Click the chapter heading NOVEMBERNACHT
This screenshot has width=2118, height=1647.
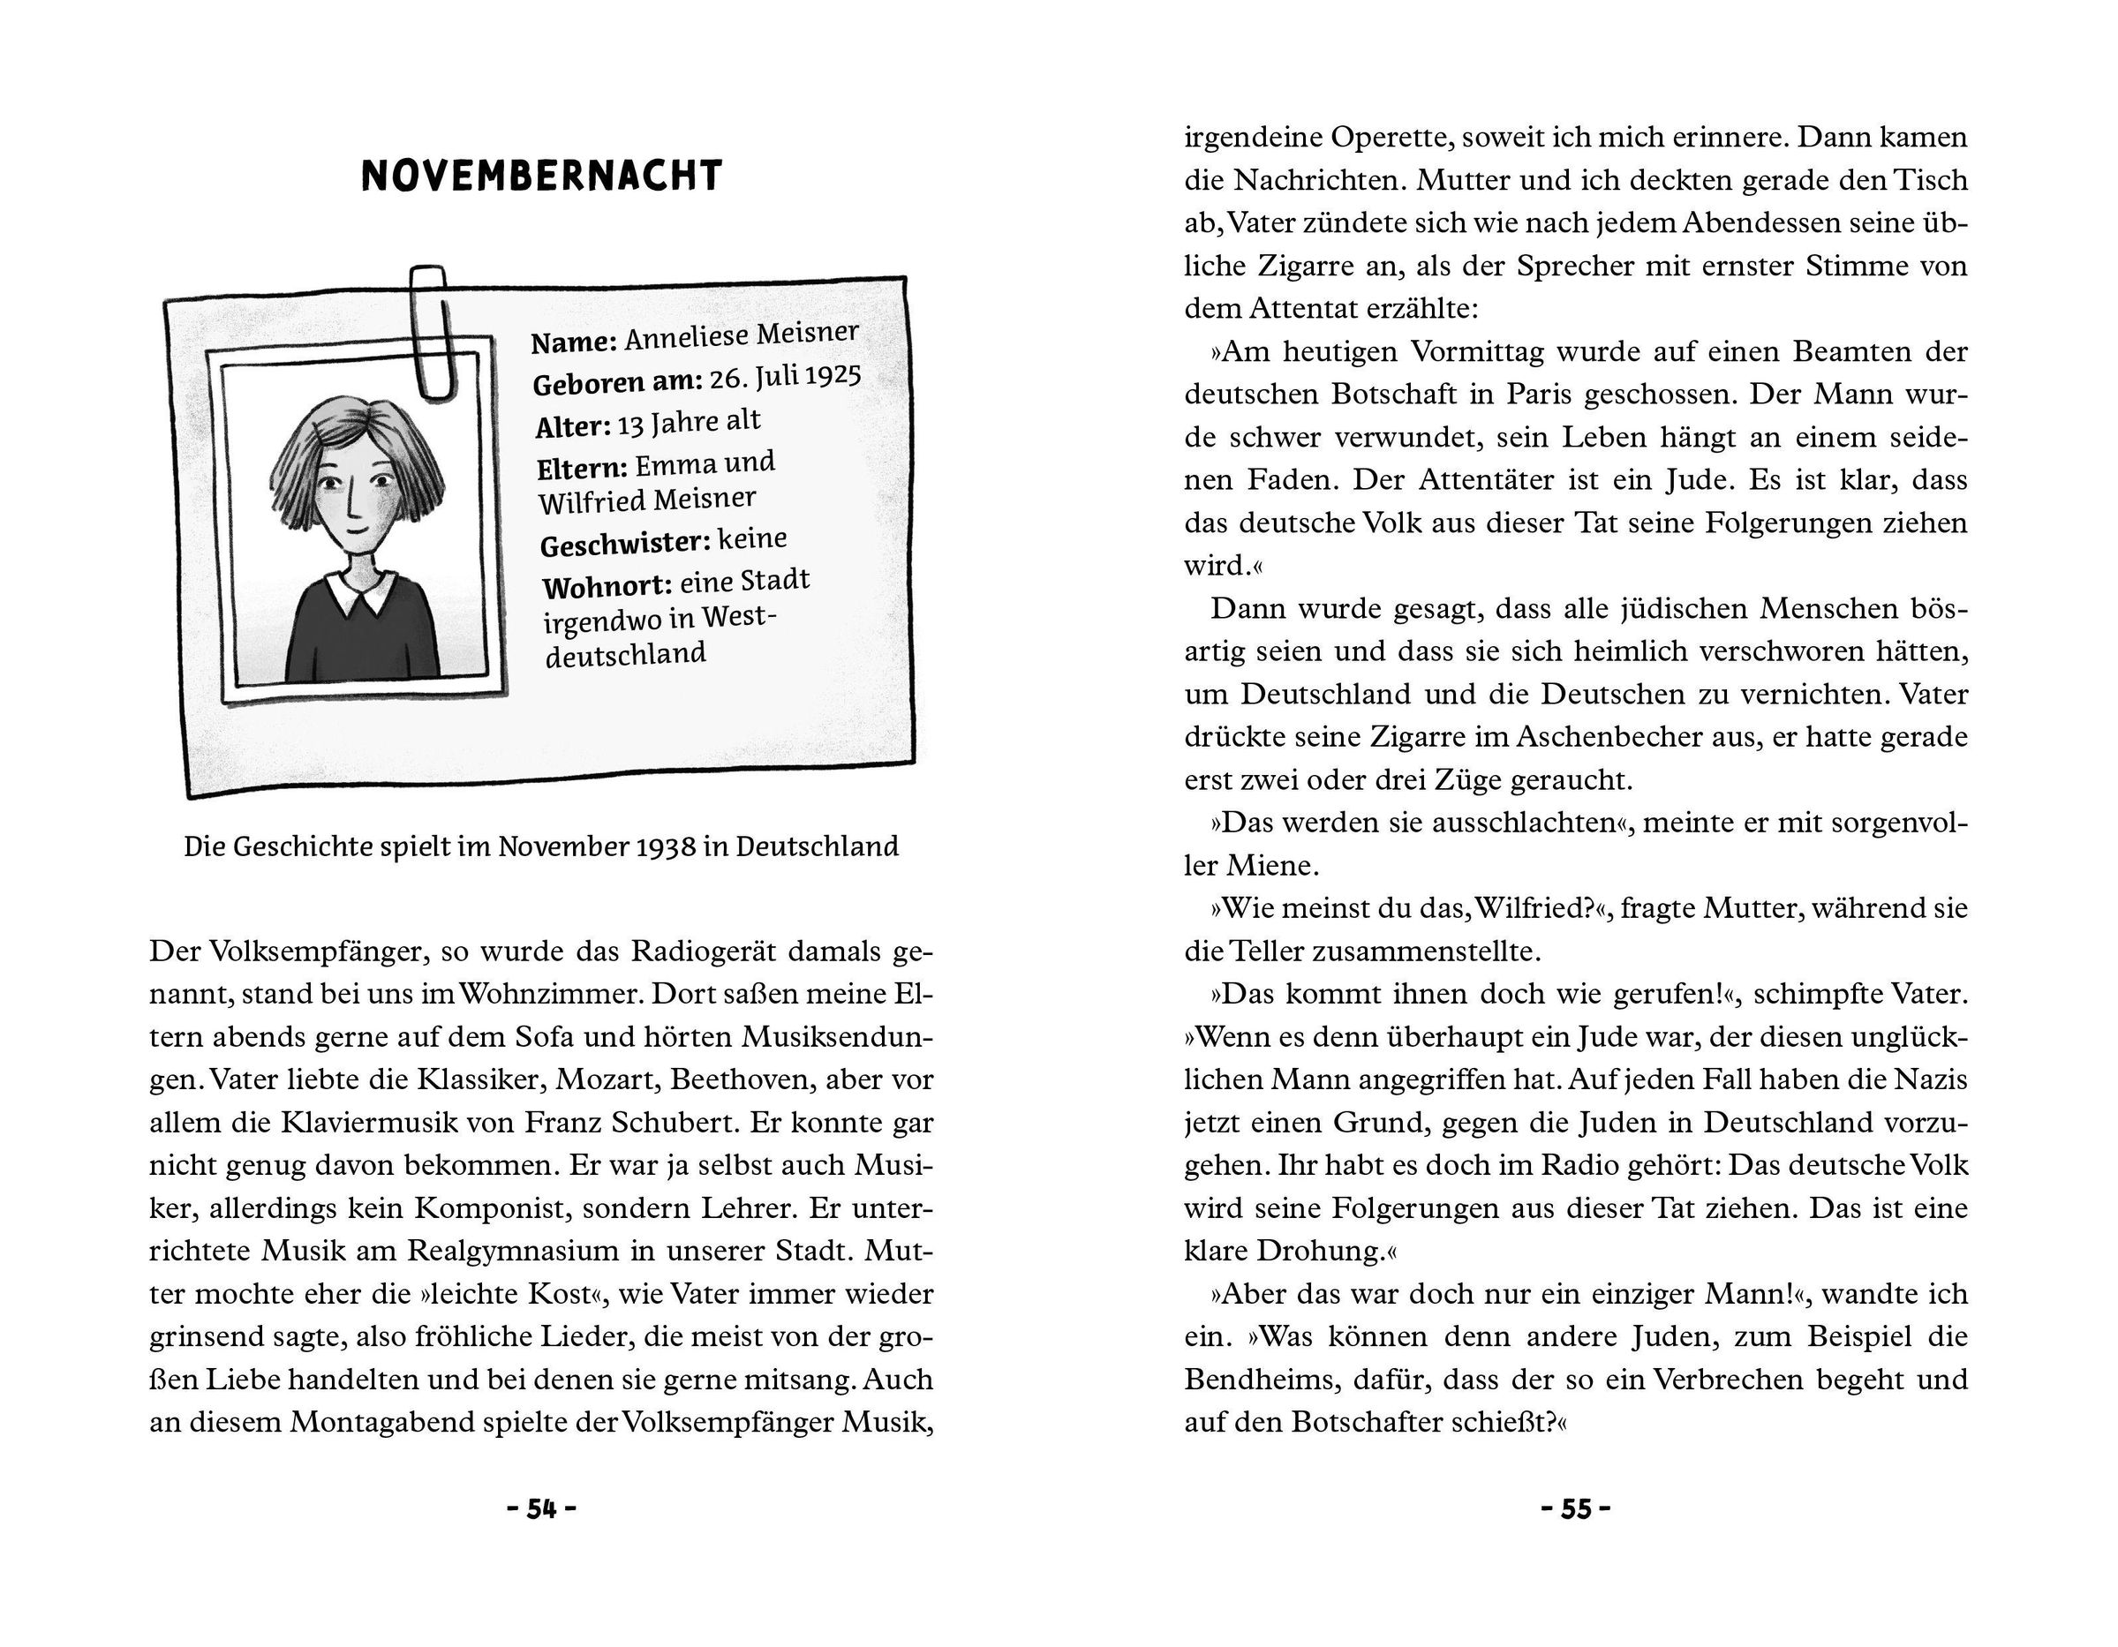[541, 177]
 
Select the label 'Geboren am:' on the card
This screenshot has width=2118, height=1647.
[617, 382]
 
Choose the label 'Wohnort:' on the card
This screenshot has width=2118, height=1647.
[607, 586]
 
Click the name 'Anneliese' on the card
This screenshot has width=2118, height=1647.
[687, 337]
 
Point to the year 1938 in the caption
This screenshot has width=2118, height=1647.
[666, 847]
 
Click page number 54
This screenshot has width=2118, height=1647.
[541, 1509]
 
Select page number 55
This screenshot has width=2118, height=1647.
[1576, 1509]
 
